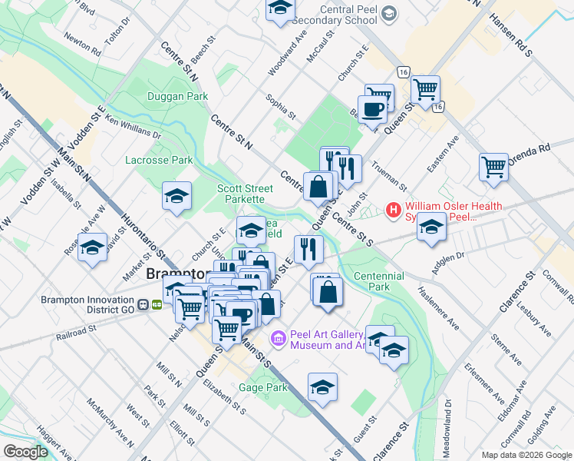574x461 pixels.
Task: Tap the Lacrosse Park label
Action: [159, 160]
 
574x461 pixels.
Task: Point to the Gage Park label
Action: [262, 388]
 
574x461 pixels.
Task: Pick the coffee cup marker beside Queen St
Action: [373, 108]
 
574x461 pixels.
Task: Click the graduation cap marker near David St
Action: [93, 248]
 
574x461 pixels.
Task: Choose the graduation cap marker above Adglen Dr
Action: [431, 227]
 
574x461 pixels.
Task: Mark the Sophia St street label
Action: [281, 106]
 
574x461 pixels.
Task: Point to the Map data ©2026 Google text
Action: [526, 455]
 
